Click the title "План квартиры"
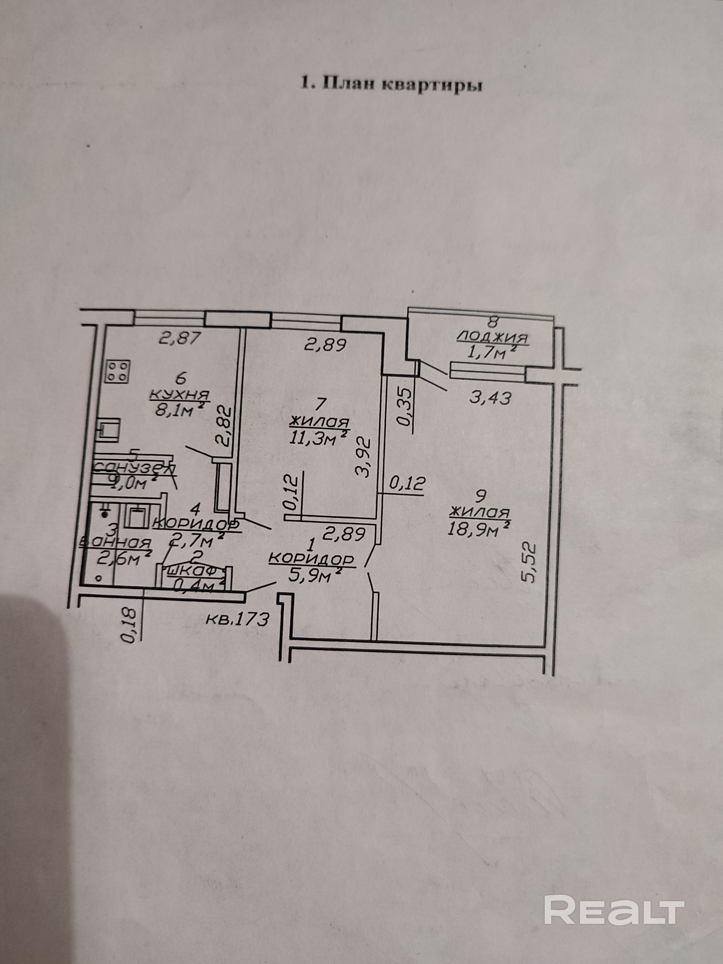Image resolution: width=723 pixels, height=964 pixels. point(391,84)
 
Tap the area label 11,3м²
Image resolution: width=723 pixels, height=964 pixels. point(319,438)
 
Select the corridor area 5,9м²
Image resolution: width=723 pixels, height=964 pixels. point(313,576)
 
